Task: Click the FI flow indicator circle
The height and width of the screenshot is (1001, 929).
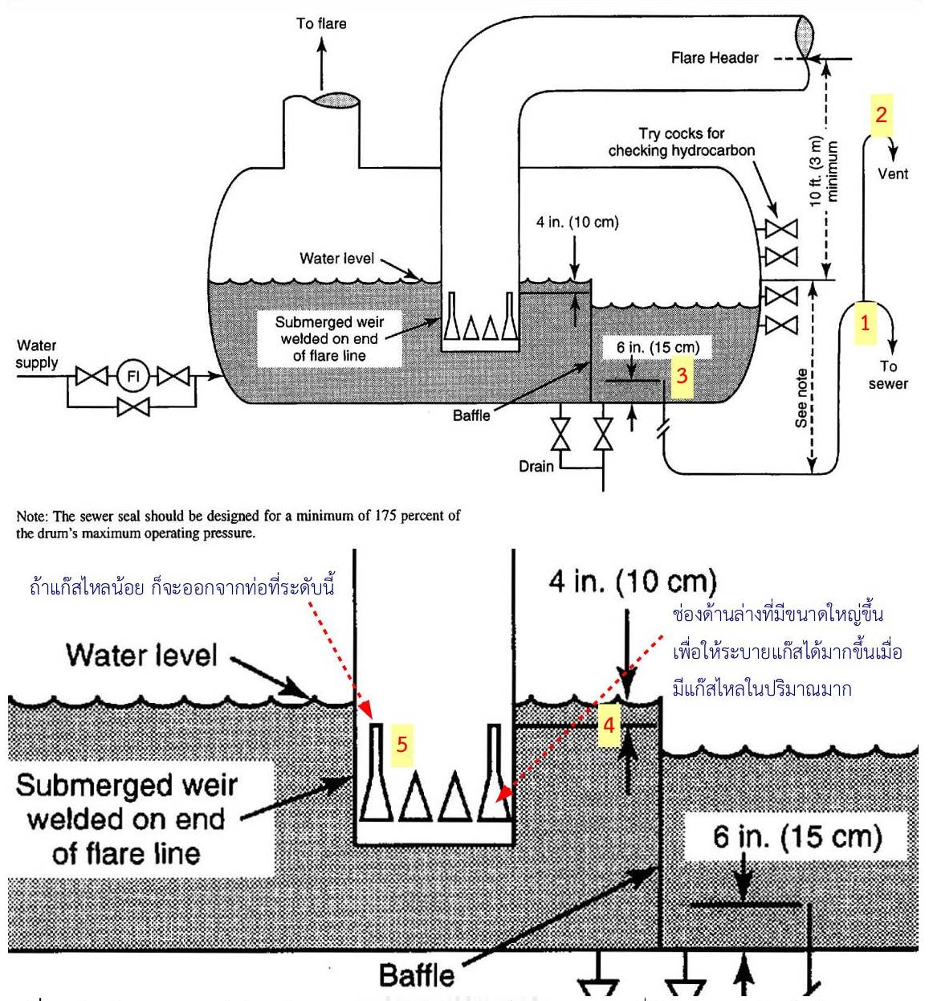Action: point(133,375)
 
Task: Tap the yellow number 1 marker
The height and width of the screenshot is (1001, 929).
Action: point(865,323)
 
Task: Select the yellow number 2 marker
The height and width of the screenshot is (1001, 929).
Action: point(881,114)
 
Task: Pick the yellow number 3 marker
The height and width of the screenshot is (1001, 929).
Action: point(682,375)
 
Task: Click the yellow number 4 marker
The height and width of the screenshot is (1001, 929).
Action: point(609,725)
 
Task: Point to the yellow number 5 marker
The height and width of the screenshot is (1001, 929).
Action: point(401,744)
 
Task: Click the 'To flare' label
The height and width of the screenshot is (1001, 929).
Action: point(321,23)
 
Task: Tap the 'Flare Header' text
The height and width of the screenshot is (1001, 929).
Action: point(715,58)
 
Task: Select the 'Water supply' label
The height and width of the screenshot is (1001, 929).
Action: point(37,354)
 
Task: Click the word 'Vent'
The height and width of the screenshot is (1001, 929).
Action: point(893,174)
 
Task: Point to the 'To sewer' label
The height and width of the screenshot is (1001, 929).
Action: point(887,375)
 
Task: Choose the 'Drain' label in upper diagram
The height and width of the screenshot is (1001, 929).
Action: point(536,466)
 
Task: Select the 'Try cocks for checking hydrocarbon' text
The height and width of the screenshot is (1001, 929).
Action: point(682,142)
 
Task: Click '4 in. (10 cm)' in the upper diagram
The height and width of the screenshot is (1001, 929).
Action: point(577,222)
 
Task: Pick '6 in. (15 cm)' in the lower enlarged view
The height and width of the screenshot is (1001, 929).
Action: point(797,837)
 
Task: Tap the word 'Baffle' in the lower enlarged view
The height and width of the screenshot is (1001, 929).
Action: point(417,975)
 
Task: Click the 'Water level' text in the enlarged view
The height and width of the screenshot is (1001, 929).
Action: point(141,655)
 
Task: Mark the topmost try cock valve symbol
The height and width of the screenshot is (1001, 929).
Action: point(781,229)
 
